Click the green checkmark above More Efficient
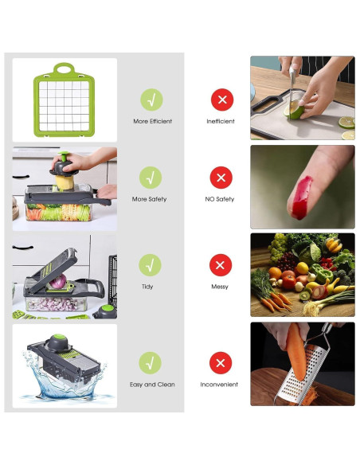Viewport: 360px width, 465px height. [x=151, y=100]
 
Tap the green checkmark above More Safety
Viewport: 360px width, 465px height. [x=151, y=178]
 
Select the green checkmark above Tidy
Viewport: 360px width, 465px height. [x=151, y=265]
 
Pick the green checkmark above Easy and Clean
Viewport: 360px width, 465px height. [x=151, y=363]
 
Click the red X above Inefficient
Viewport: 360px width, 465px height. [x=221, y=100]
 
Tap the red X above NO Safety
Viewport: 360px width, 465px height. [x=221, y=178]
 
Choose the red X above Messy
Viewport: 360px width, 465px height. [x=221, y=265]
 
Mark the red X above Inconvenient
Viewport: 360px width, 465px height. [x=221, y=363]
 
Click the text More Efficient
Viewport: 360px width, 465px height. [x=152, y=122]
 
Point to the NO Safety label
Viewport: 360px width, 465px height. [x=220, y=199]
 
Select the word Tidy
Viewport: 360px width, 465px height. [x=147, y=287]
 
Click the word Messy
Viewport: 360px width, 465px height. [x=220, y=287]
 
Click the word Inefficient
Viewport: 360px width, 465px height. [x=221, y=122]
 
